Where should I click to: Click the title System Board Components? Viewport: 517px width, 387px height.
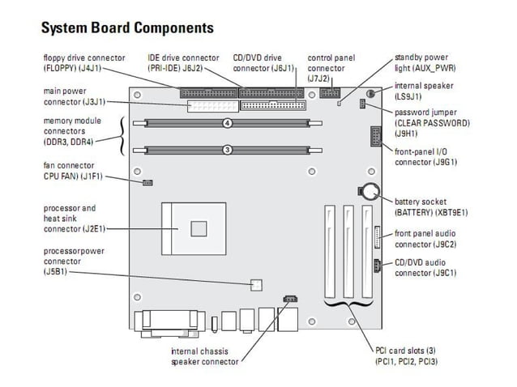point(127,28)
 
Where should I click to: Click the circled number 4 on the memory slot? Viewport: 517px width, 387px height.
point(228,124)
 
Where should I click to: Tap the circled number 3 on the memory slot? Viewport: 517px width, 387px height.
point(228,150)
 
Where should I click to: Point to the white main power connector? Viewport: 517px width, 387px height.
point(211,107)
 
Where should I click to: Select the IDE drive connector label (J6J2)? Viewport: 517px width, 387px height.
point(183,63)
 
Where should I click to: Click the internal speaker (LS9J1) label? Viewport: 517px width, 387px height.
point(424,91)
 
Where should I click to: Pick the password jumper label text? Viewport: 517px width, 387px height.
point(431,123)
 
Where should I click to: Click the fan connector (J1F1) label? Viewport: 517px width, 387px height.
point(73,171)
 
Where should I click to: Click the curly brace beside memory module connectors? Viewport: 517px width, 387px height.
point(123,136)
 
